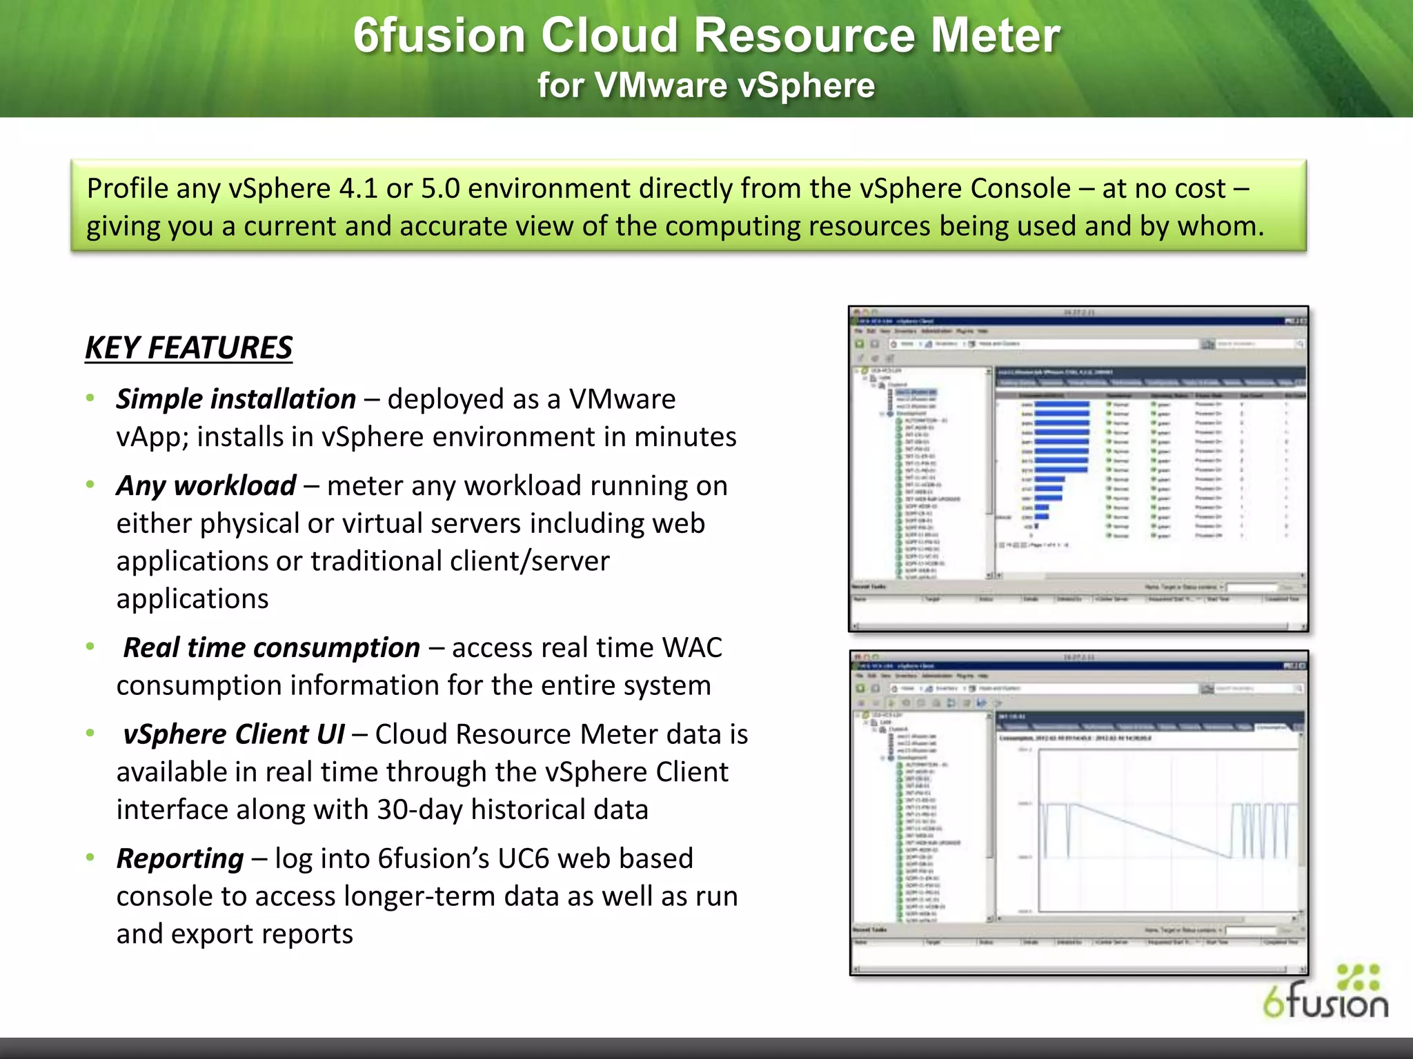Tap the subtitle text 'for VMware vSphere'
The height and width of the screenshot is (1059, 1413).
coord(706,85)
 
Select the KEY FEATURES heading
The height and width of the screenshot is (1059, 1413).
coord(188,347)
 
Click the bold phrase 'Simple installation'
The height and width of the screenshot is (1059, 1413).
coord(236,399)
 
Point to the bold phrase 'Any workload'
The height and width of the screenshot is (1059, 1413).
coord(206,485)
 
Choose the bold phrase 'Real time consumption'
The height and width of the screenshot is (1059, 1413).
coord(271,647)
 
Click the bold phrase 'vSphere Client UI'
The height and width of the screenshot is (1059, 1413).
coord(233,734)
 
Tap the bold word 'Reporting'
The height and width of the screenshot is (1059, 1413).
coord(180,858)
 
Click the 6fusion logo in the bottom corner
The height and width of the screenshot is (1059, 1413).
coord(1325,993)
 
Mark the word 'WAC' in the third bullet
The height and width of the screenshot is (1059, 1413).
coord(692,647)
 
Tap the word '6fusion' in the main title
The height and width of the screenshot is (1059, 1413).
coord(439,36)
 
